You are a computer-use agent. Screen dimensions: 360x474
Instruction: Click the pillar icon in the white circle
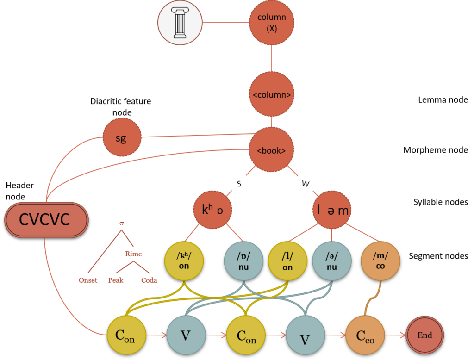(180, 23)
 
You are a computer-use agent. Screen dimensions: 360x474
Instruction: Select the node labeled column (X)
(272, 22)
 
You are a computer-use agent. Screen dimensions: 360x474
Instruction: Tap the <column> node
(272, 94)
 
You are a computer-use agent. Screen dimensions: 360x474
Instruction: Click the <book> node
(271, 150)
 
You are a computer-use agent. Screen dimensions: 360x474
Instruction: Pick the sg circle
(121, 137)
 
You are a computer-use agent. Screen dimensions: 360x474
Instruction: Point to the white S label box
(239, 183)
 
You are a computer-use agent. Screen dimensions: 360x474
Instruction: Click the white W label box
(306, 183)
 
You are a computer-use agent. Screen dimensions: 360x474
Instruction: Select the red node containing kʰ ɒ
(212, 210)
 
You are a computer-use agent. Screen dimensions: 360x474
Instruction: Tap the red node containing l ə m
(331, 210)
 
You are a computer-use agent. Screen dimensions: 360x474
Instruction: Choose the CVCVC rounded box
(46, 219)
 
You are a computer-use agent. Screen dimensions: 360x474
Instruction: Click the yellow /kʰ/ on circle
(184, 261)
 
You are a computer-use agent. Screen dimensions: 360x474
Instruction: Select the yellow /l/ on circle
(287, 261)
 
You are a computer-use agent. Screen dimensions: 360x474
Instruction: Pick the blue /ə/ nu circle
(331, 261)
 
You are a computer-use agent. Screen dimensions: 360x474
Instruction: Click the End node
(424, 335)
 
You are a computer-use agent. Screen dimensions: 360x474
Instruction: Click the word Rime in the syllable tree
(133, 254)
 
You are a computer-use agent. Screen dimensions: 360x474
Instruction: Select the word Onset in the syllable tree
(88, 280)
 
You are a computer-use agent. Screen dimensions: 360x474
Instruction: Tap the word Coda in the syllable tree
(149, 280)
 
